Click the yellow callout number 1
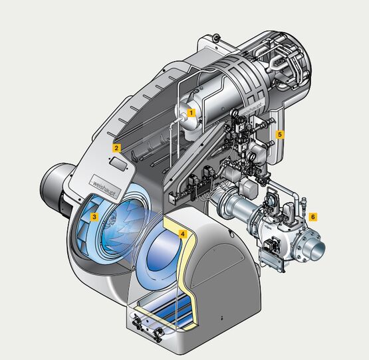pyautogui.click(x=191, y=113)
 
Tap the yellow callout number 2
pyautogui.click(x=116, y=148)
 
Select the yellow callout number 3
pyautogui.click(x=94, y=217)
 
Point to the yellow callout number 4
pyautogui.click(x=183, y=234)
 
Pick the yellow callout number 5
pyautogui.click(x=279, y=135)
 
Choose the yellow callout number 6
pyautogui.click(x=312, y=217)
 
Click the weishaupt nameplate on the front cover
pyautogui.click(x=106, y=187)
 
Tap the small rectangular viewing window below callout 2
pyautogui.click(x=119, y=163)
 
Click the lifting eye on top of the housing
pyautogui.click(x=216, y=37)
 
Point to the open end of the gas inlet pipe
pyautogui.click(x=318, y=250)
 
